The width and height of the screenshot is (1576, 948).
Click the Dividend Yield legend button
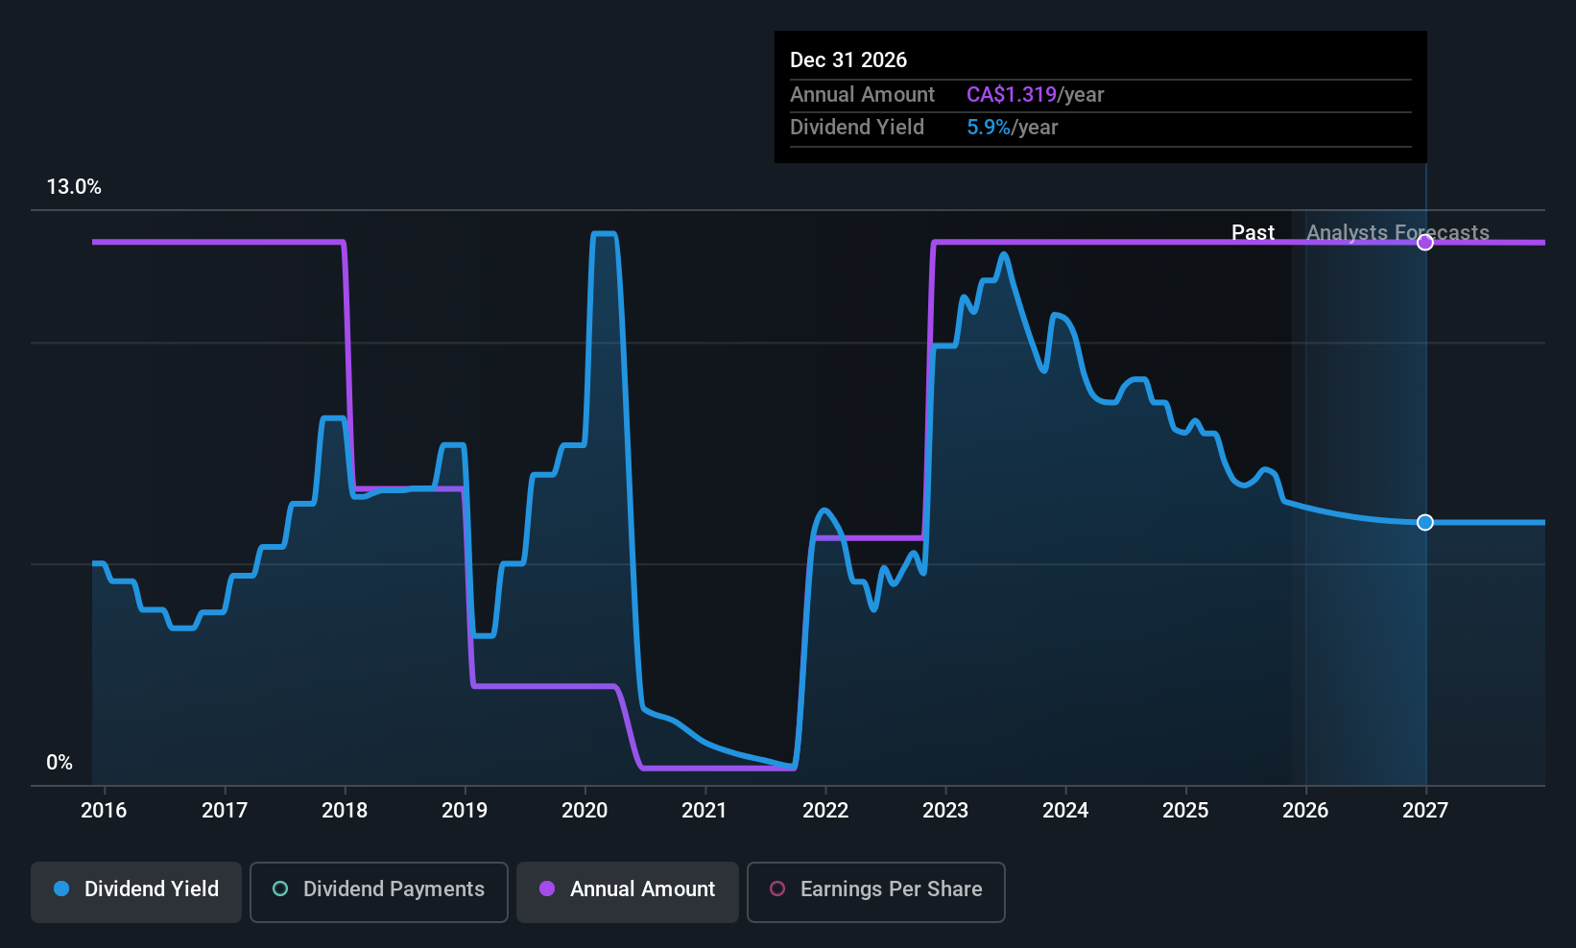136,889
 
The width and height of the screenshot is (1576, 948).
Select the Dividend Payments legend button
378,889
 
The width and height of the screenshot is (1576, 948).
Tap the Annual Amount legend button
628,889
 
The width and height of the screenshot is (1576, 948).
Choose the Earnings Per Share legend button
875,889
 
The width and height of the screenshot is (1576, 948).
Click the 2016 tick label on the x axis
104,811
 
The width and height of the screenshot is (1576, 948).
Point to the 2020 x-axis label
585,811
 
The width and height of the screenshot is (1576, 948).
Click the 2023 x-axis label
945,811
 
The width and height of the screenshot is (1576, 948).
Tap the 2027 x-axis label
1425,811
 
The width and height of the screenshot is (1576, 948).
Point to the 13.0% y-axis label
74,187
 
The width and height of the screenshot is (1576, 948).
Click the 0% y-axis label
60,763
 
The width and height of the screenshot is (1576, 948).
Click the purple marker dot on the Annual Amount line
1425,243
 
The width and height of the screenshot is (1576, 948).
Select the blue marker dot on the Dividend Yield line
1425,522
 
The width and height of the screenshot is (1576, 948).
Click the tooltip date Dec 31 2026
848,60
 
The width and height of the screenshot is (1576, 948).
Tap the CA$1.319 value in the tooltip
1011,95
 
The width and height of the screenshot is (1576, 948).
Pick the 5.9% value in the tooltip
988,128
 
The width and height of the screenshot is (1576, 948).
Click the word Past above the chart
1253,233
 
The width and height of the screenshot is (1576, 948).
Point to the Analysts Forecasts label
1397,233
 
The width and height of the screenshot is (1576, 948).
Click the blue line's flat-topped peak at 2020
604,234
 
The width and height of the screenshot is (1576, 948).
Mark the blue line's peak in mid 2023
1004,254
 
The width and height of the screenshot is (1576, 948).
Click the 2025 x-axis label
1185,811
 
